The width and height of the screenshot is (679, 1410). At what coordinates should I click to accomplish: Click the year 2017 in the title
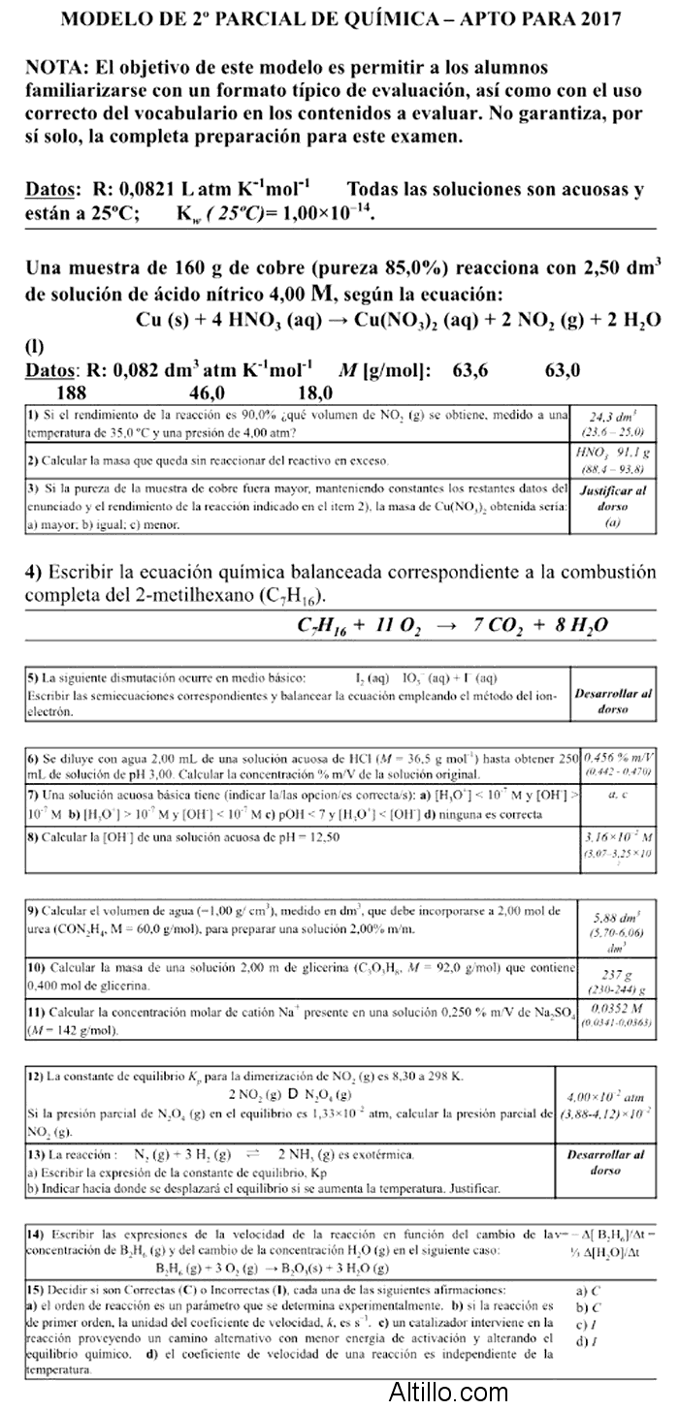tap(601, 19)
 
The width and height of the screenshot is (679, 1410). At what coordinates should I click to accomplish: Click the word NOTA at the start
tap(56, 68)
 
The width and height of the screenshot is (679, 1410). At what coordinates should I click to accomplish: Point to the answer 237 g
tap(613, 977)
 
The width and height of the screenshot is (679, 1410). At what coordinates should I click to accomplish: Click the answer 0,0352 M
tap(613, 1009)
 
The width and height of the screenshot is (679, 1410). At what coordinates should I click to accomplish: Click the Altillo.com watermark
tap(448, 1394)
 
